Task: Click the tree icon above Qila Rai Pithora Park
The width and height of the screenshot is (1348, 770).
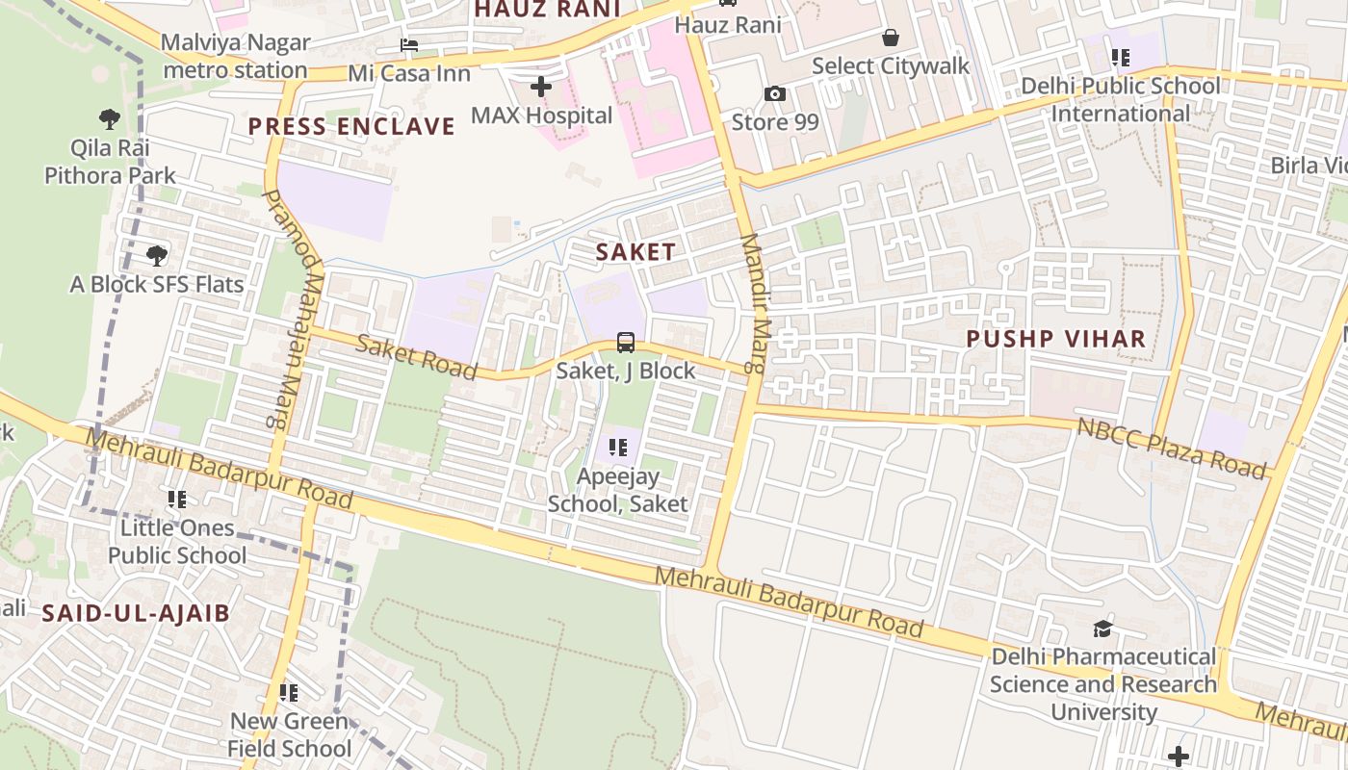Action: [110, 119]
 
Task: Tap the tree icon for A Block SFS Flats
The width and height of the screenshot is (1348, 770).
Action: [157, 256]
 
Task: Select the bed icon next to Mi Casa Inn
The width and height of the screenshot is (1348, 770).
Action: [409, 45]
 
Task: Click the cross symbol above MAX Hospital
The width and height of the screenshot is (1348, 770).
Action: [541, 87]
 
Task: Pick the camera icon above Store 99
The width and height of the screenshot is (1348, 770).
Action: [774, 93]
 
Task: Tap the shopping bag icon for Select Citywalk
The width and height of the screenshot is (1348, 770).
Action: [891, 38]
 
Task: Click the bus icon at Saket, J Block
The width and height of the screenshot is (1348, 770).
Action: [625, 342]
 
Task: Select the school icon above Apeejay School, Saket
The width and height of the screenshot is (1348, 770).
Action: [618, 448]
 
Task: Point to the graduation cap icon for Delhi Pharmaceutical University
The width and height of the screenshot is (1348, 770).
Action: [1102, 629]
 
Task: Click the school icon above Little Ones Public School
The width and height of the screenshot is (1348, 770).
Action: [177, 499]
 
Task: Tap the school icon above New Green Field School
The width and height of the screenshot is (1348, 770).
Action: [288, 692]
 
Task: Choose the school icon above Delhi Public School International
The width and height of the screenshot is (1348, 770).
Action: [1120, 58]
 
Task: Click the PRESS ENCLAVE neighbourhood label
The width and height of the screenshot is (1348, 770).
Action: [351, 126]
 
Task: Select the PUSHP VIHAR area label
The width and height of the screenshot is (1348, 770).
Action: [1056, 339]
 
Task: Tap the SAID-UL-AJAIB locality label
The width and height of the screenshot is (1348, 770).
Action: [136, 613]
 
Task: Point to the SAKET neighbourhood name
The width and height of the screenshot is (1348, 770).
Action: [635, 252]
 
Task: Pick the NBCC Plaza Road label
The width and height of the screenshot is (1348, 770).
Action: [1171, 448]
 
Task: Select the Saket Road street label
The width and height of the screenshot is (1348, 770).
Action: [416, 356]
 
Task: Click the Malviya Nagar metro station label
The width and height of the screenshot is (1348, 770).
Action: [235, 56]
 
